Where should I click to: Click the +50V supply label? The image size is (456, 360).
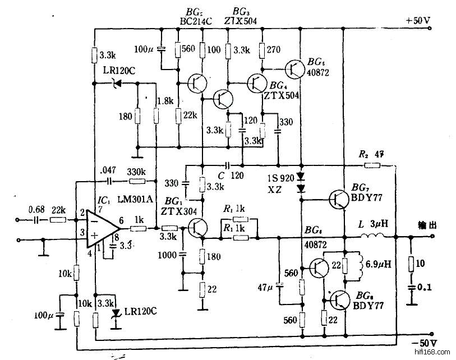(418, 21)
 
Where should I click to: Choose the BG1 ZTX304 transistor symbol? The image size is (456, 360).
(197, 228)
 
